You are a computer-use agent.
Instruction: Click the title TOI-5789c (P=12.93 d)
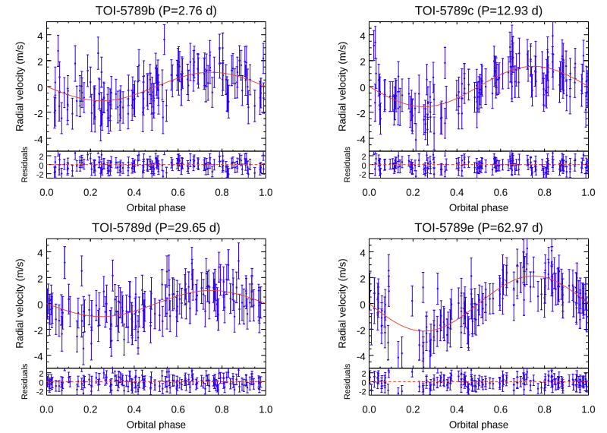(479, 10)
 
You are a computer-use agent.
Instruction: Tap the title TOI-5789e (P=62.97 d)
(479, 227)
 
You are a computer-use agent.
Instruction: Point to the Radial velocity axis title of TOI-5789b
(21, 87)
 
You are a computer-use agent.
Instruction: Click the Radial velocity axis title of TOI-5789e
(344, 304)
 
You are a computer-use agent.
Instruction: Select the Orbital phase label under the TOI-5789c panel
(479, 206)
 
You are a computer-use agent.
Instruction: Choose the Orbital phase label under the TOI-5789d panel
(156, 423)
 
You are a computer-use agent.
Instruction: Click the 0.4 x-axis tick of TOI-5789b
(134, 192)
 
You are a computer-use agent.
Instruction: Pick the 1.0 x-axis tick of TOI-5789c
(587, 192)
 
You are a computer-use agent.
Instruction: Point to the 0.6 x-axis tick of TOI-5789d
(178, 409)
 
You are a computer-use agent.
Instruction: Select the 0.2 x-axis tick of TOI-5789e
(413, 409)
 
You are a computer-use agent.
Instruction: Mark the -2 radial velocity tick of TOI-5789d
(37, 330)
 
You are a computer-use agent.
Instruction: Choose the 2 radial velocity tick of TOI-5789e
(362, 278)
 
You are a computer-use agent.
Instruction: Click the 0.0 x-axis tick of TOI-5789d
(46, 409)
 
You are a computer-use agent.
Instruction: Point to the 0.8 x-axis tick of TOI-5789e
(544, 409)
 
